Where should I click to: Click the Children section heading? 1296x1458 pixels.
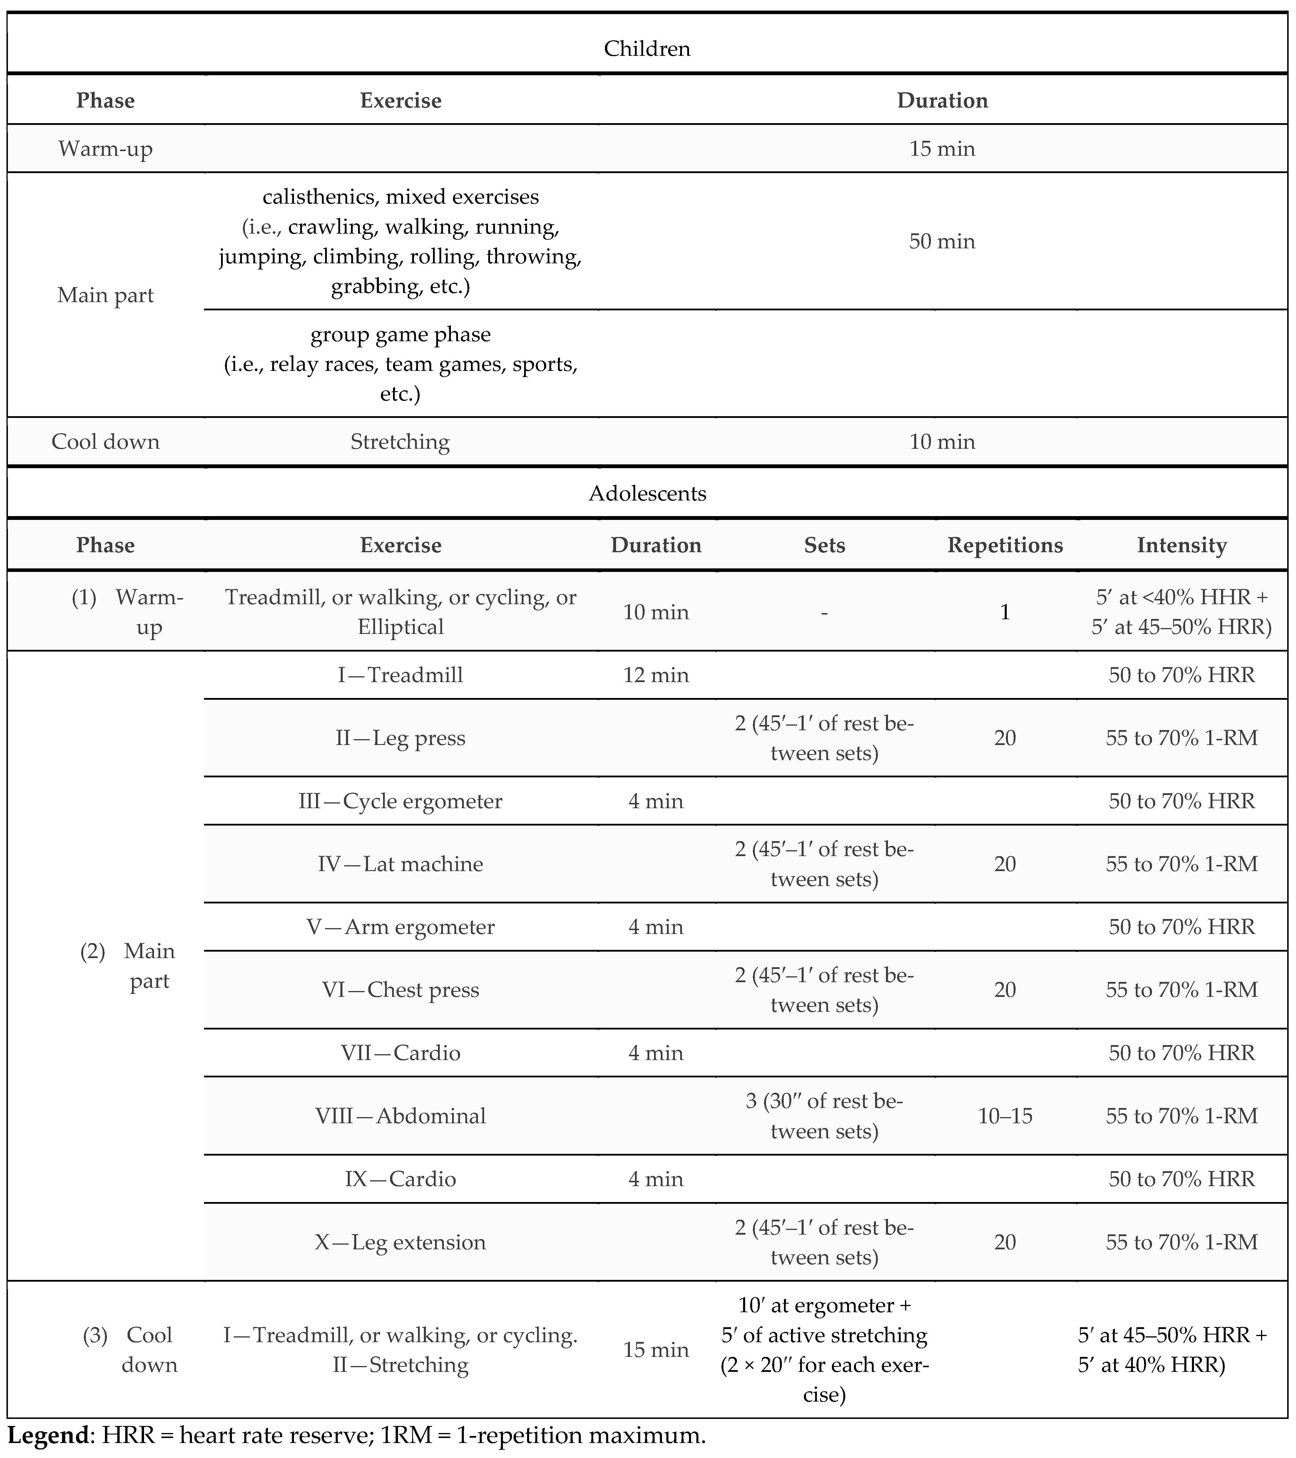(647, 48)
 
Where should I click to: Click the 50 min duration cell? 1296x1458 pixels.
(942, 241)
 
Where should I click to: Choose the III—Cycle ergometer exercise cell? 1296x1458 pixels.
(400, 801)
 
